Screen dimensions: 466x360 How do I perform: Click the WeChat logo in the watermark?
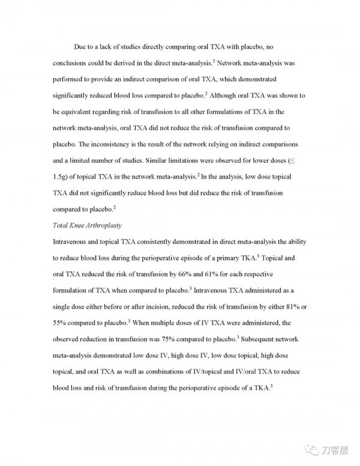(313, 449)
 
